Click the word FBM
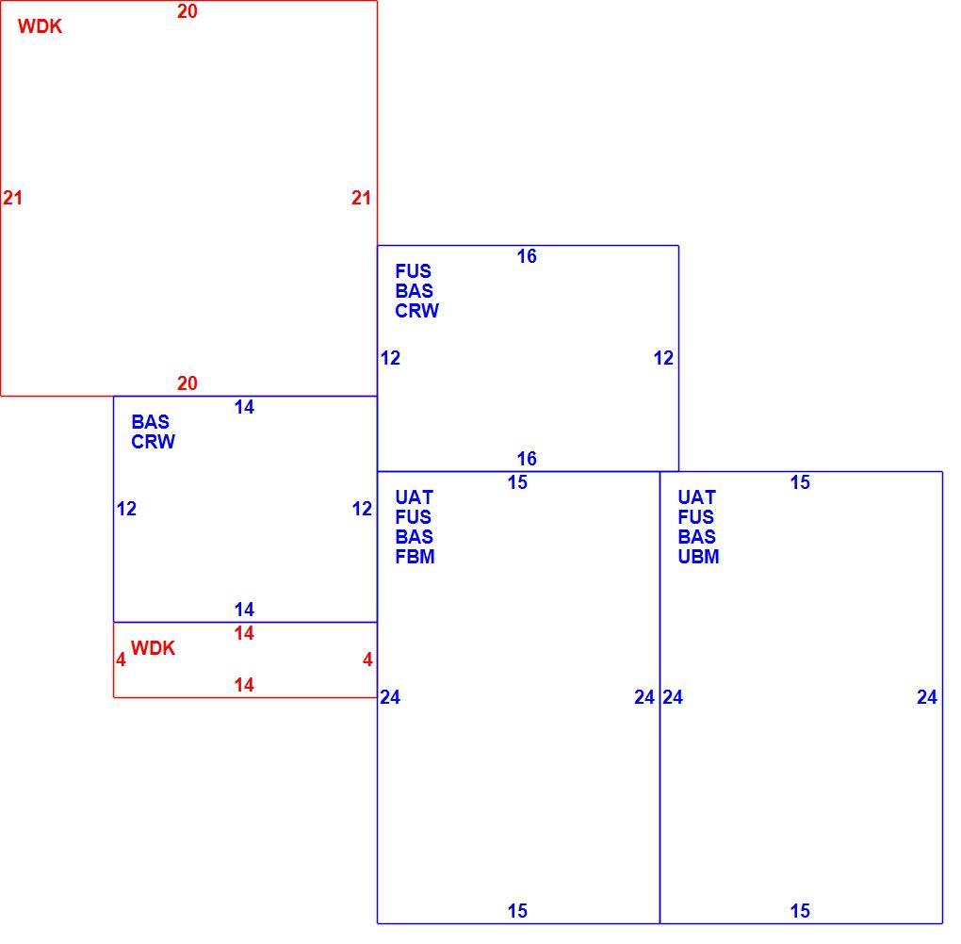(415, 557)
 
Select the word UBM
(698, 557)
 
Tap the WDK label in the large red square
(40, 26)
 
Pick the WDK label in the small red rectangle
(153, 648)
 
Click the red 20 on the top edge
(187, 11)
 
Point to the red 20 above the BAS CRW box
(187, 383)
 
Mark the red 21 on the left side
(13, 198)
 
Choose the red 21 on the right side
(361, 198)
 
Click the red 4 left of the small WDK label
(121, 659)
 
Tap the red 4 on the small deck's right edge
(367, 659)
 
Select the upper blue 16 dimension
(527, 256)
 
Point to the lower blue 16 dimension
(527, 459)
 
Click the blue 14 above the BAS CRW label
(244, 407)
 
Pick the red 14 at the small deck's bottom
(244, 685)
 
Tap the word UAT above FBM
(415, 497)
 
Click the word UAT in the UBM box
(697, 497)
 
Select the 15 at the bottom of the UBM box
(800, 911)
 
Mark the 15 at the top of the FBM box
(517, 482)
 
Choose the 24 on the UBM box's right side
(927, 697)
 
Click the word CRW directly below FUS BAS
(416, 311)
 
